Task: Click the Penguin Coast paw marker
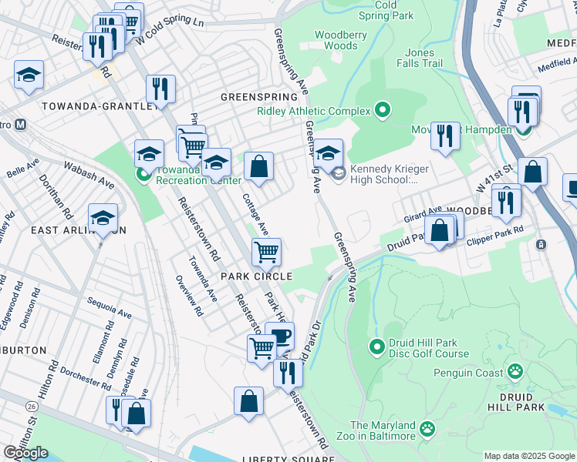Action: (x=515, y=373)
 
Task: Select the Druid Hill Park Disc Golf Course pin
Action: (x=377, y=346)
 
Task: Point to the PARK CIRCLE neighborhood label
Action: (x=257, y=276)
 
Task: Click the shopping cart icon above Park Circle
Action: (x=266, y=250)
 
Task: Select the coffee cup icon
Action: (x=279, y=335)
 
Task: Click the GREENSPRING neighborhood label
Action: (x=258, y=98)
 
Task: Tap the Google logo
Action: (x=25, y=453)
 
